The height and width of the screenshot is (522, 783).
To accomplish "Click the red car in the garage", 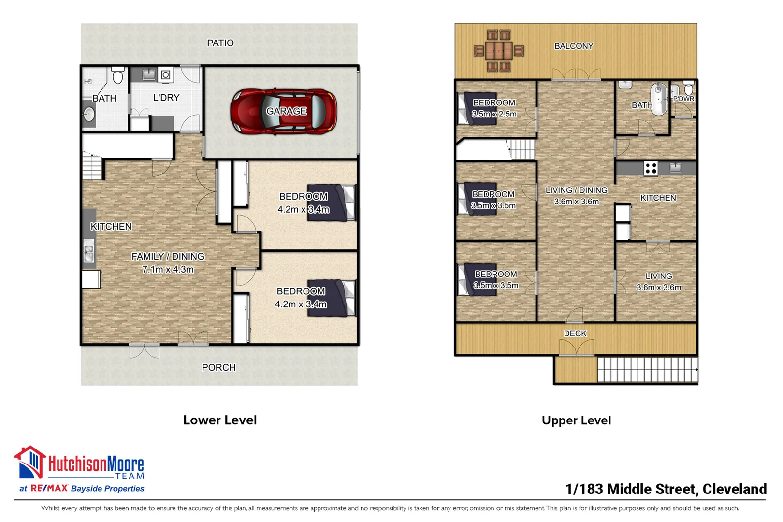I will pyautogui.click(x=284, y=111).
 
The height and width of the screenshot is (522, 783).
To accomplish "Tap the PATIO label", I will pyautogui.click(x=220, y=43).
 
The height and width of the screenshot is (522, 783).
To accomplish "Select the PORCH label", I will pyautogui.click(x=218, y=367).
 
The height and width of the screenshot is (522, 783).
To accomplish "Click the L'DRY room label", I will pyautogui.click(x=166, y=98).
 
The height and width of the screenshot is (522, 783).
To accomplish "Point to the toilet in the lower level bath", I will pyautogui.click(x=117, y=76).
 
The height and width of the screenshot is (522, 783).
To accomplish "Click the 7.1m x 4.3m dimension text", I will pyautogui.click(x=168, y=269).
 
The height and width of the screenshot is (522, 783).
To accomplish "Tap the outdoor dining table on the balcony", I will pyautogui.click(x=499, y=50).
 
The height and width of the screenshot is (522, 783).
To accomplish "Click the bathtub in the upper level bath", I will pyautogui.click(x=658, y=99).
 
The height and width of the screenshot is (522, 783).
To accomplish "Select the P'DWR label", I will pyautogui.click(x=683, y=99).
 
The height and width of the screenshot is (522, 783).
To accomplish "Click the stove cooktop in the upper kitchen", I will pyautogui.click(x=651, y=168).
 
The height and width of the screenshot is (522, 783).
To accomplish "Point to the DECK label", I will pyautogui.click(x=575, y=333).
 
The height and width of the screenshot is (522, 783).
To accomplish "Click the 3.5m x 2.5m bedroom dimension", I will pyautogui.click(x=494, y=114).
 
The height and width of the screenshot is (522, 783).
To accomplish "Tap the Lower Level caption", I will pyautogui.click(x=220, y=420).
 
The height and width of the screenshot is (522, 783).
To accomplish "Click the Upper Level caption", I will pyautogui.click(x=576, y=420).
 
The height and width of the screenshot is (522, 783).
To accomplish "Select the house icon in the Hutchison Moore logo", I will pyautogui.click(x=30, y=462).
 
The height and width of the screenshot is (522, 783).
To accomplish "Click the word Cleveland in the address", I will pyautogui.click(x=734, y=489).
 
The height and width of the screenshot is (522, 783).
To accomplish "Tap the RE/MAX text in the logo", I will pyautogui.click(x=49, y=488).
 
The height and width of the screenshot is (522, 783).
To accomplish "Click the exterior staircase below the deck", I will pyautogui.click(x=647, y=370).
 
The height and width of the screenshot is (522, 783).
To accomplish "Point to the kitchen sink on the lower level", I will pyautogui.click(x=88, y=254).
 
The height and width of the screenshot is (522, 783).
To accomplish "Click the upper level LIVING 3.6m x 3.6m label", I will pyautogui.click(x=658, y=281).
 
